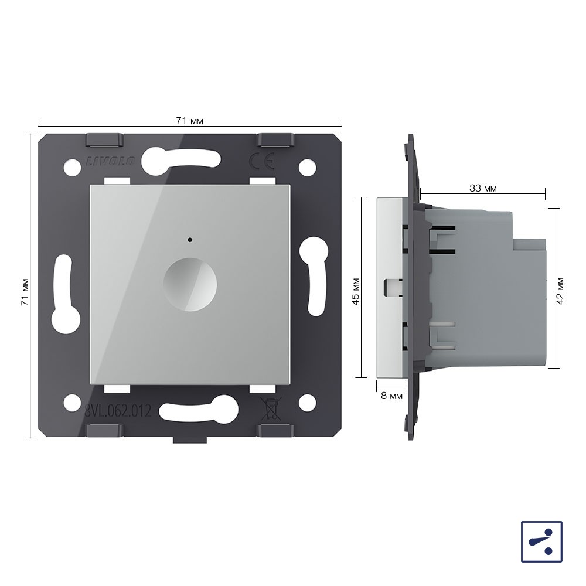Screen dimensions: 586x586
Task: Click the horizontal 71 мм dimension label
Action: pos(189,121)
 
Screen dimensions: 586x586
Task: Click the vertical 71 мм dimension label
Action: pos(25,292)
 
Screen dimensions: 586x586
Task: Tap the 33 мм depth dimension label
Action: pos(483,188)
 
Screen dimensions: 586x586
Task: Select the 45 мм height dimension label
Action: pos(356,291)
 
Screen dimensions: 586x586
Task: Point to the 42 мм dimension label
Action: pos(560,291)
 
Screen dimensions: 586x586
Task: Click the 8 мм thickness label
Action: pos(391,396)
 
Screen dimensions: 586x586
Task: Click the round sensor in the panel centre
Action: pos(190,284)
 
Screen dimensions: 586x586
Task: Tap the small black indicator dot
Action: pos(190,240)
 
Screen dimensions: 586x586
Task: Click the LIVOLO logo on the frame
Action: pos(111,162)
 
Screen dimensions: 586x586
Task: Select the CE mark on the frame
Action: pos(262,162)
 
